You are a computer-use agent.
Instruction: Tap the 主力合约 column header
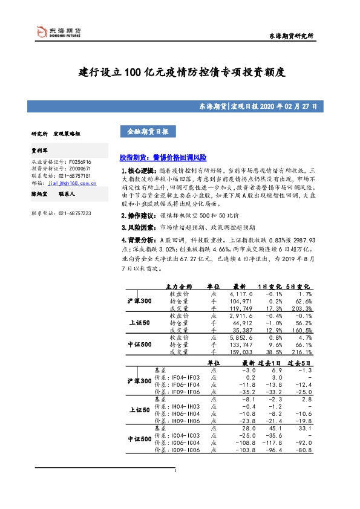(178, 286)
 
